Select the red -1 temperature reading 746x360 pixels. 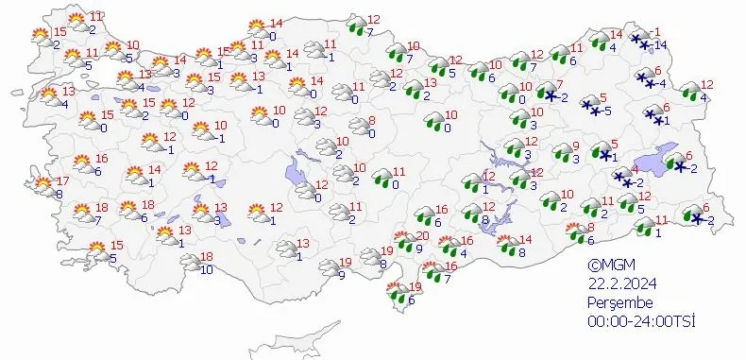(657, 32)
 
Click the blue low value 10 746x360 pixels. (206, 270)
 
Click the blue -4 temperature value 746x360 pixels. (662, 84)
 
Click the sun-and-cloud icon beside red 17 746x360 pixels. (42, 185)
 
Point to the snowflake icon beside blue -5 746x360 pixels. (590, 105)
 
